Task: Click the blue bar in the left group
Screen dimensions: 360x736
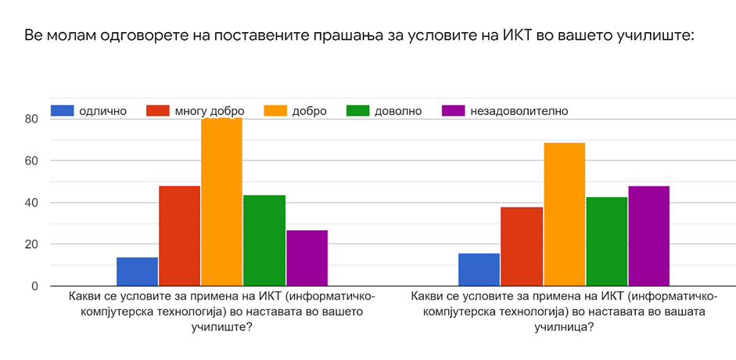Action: [x=137, y=272]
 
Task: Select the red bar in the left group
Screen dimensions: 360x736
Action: [x=179, y=236]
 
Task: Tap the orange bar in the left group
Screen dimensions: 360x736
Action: [x=221, y=202]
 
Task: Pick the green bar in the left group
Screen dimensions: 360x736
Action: [x=264, y=240]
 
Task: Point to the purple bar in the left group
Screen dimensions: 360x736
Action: [x=307, y=257]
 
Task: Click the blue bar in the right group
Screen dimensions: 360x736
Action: [x=479, y=269]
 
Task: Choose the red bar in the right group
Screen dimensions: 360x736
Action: [x=521, y=247]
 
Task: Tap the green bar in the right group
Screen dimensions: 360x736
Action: [x=606, y=241]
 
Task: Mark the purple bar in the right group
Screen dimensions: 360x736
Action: [x=648, y=236]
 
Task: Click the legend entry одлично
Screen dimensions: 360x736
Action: [x=102, y=111]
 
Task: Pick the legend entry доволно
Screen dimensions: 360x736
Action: [x=397, y=111]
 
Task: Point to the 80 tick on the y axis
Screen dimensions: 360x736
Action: [x=31, y=119]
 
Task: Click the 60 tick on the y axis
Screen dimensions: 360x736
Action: [x=31, y=161]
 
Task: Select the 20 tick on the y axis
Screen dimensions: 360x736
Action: [x=31, y=244]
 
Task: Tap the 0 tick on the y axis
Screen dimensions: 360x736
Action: [x=34, y=286]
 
